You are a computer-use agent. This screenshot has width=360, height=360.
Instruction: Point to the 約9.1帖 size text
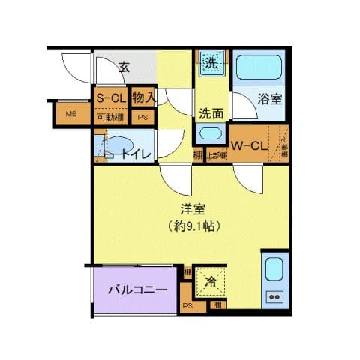tap(193, 225)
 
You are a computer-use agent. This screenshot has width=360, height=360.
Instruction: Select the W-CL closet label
tap(249, 145)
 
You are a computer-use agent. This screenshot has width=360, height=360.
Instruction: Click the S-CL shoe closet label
tap(110, 98)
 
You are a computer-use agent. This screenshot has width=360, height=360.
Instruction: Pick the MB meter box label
tap(70, 114)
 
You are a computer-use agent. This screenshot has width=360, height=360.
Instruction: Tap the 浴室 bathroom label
tap(270, 98)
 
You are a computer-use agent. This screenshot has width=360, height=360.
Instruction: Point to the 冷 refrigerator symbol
tap(211, 283)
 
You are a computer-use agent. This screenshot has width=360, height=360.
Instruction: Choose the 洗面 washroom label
tap(211, 114)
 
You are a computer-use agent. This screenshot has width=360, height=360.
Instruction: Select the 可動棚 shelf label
tap(110, 116)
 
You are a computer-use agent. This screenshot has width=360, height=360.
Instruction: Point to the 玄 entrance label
tap(124, 67)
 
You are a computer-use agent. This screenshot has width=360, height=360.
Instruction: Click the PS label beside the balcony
tap(187, 305)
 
